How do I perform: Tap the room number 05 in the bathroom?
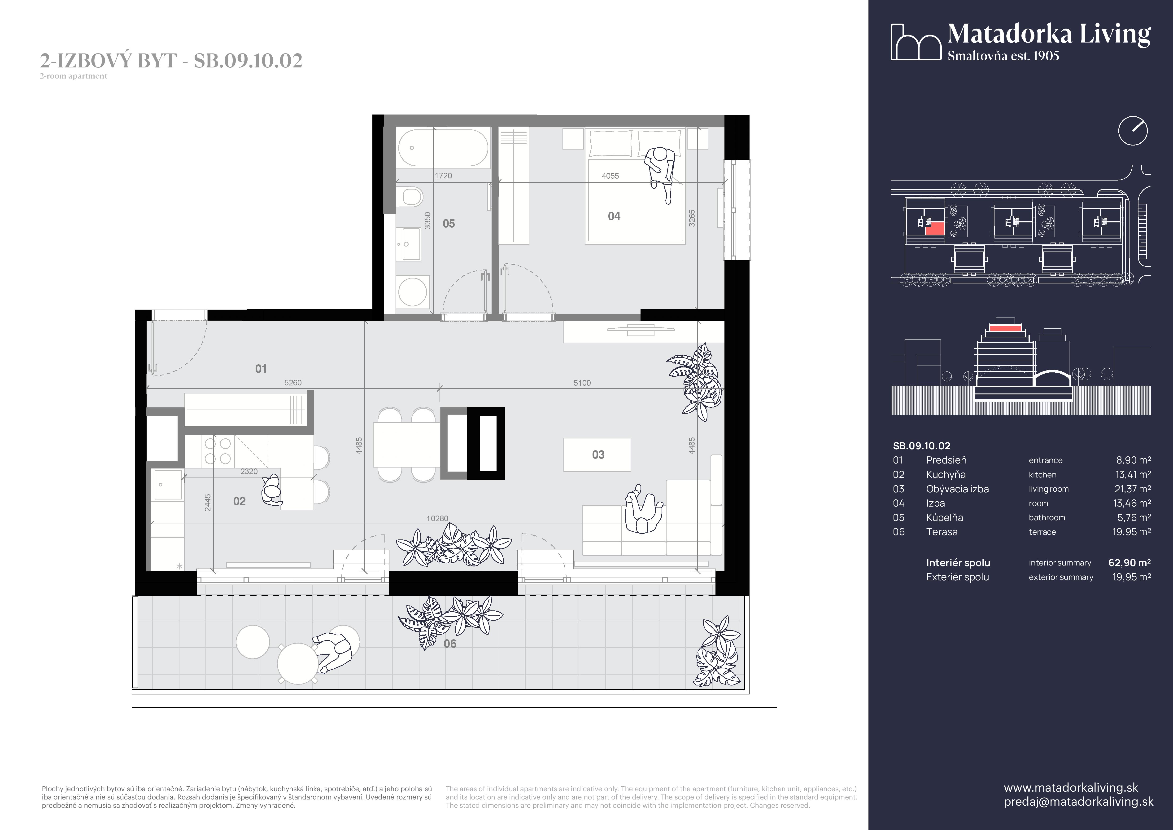pyautogui.click(x=449, y=223)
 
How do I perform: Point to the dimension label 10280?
pyautogui.click(x=437, y=518)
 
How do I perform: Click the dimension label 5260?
pyautogui.click(x=293, y=382)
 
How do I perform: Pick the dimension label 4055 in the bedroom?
pyautogui.click(x=610, y=176)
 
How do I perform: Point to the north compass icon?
pyautogui.click(x=1133, y=131)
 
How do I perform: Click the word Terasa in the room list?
pyautogui.click(x=942, y=532)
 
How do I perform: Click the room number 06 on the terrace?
pyautogui.click(x=449, y=644)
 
